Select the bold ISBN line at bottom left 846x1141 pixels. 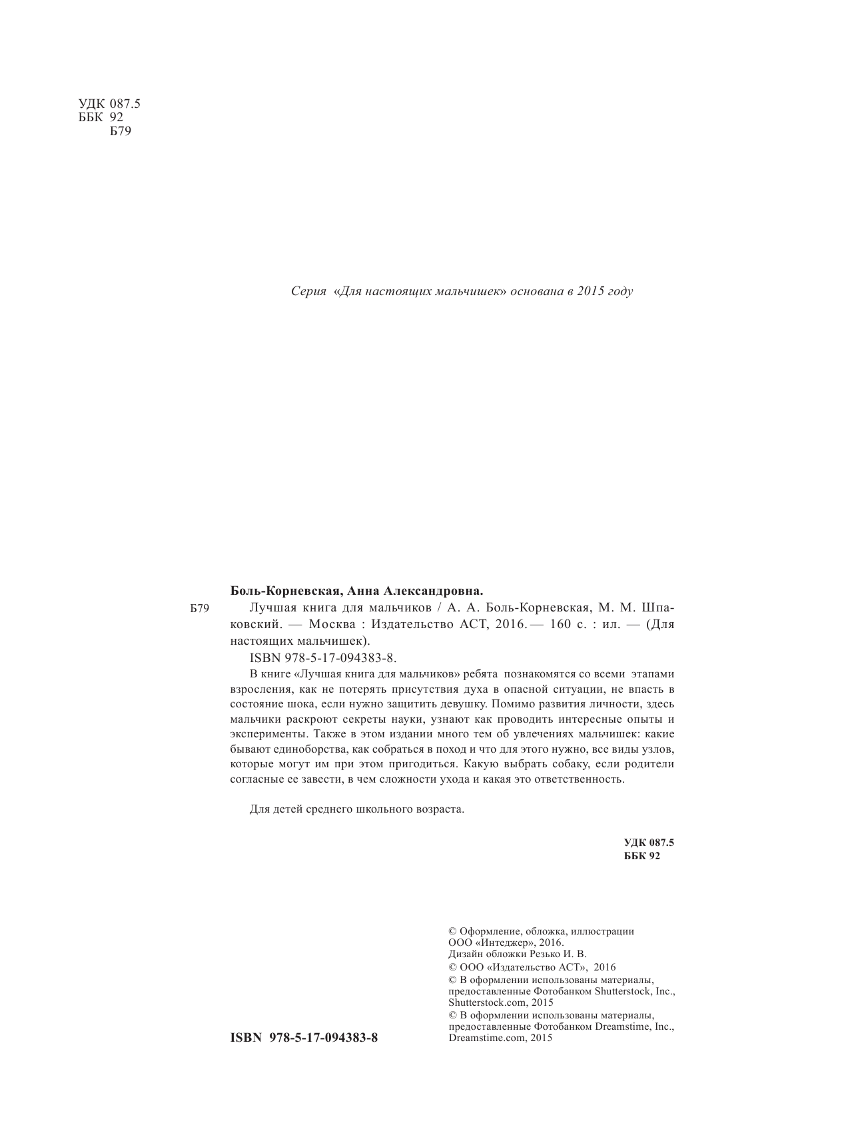(303, 1038)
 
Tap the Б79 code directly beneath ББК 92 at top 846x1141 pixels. (121, 131)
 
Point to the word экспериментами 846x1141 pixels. (268, 734)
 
